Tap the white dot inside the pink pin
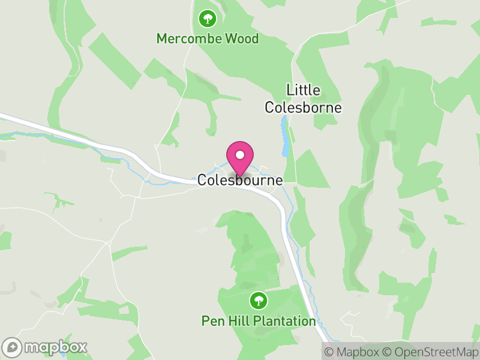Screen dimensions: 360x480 point(240,154)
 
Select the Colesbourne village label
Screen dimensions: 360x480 point(240,180)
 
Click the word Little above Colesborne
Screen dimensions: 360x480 point(303,91)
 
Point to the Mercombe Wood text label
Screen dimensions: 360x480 point(207,39)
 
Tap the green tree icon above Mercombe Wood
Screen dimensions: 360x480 point(208,19)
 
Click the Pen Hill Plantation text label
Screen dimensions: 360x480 point(258,321)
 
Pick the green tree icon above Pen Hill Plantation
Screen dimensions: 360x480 point(259,299)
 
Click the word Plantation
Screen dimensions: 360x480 point(284,321)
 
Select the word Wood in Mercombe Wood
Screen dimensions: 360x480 point(242,39)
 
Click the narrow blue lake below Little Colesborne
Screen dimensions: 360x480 point(285,137)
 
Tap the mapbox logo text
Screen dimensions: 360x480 point(55,347)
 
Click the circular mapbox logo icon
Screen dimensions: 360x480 point(13,347)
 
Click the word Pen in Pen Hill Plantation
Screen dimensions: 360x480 point(211,321)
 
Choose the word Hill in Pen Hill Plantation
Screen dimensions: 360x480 point(238,321)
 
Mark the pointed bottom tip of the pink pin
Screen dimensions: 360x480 point(240,175)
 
